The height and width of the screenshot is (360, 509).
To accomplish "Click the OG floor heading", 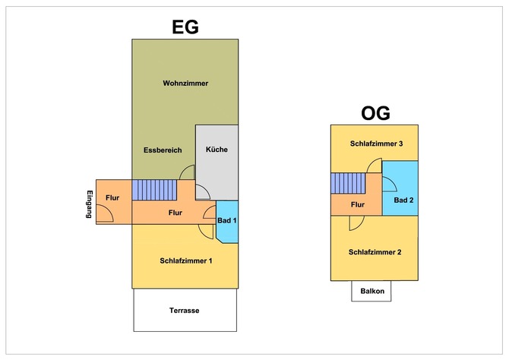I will click(375, 114).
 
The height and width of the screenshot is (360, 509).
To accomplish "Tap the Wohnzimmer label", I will click(185, 83).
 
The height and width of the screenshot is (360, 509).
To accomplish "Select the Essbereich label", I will click(163, 150).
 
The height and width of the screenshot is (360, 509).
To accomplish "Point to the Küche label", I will click(217, 150).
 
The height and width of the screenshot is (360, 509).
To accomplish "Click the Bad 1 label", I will click(228, 220).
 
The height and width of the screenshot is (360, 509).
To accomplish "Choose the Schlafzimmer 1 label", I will click(185, 261).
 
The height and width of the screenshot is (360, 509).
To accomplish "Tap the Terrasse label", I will click(185, 310).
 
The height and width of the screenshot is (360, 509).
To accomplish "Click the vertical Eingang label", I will click(90, 204).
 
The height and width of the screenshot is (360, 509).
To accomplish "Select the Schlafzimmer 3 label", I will click(375, 144).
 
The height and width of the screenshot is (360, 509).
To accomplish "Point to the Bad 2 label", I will click(403, 201).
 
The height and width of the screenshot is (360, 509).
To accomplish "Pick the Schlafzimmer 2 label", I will click(375, 251).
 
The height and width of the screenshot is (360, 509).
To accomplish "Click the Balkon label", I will click(372, 292).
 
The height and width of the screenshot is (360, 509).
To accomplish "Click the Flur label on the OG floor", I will click(358, 204).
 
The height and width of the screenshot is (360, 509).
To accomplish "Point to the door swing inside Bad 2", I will click(387, 182).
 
